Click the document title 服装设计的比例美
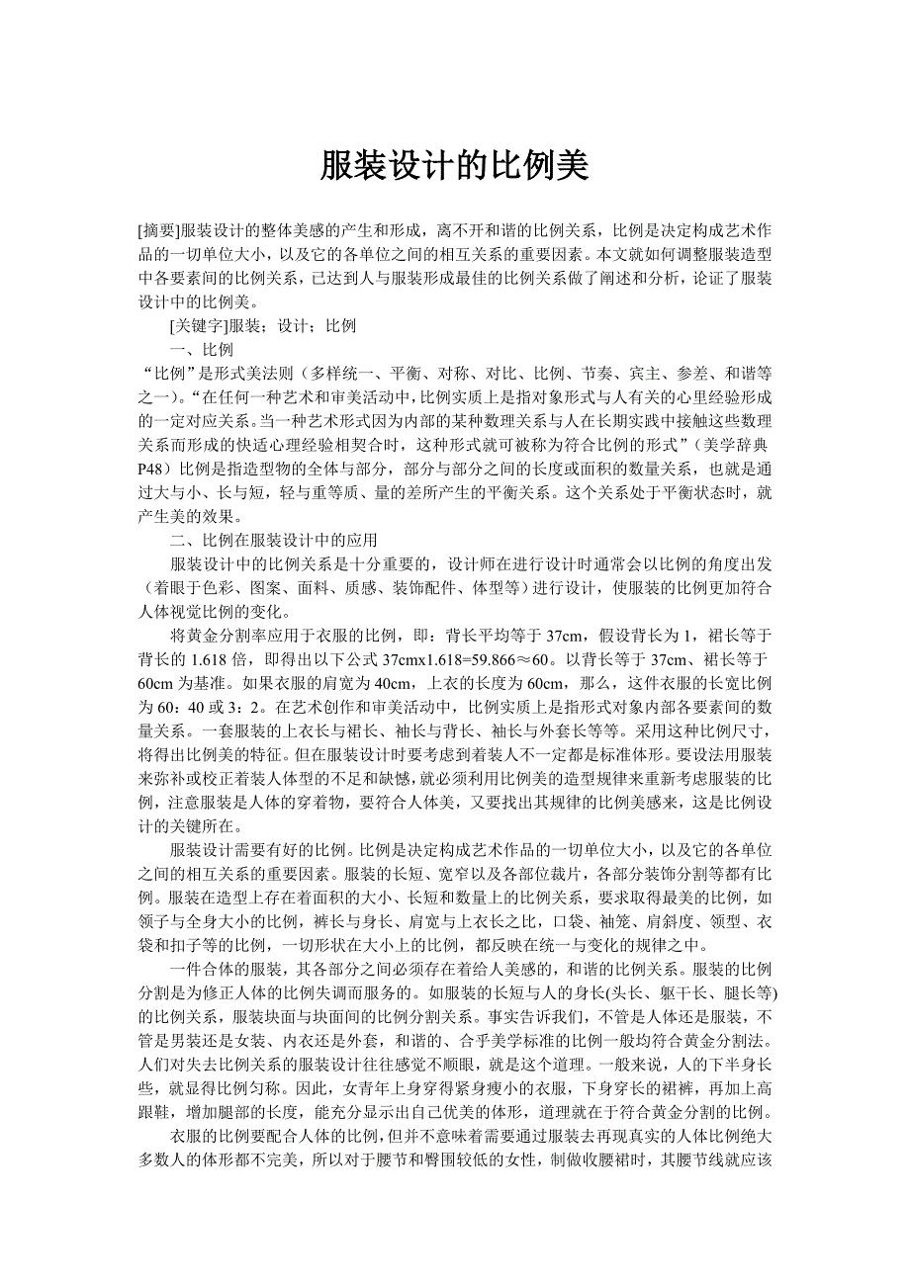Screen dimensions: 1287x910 [x=454, y=166]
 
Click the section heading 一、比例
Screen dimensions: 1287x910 [x=202, y=350]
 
